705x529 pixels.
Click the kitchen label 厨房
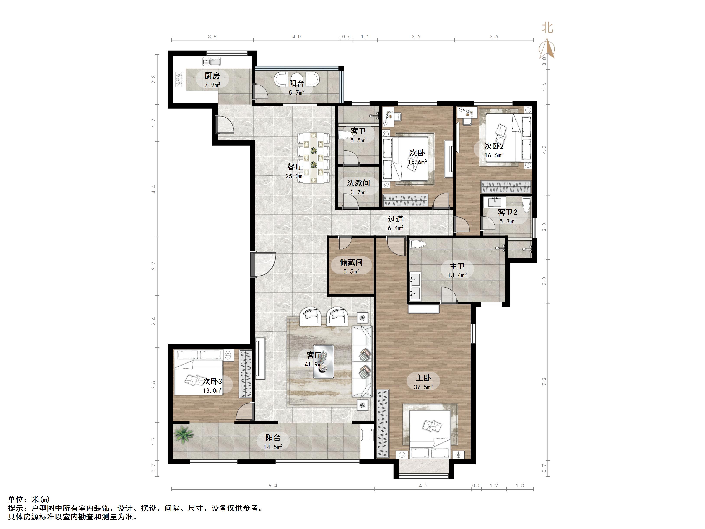pos(212,76)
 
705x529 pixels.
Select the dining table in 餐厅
pos(313,158)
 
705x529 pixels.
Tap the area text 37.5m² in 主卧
pos(423,387)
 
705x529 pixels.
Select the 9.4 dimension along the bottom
pos(273,486)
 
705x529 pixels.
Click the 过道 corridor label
pos(396,219)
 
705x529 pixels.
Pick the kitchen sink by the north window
pos(211,61)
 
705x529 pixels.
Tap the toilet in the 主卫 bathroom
pos(418,245)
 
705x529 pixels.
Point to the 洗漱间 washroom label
pos(358,183)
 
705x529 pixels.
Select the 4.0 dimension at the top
pos(296,37)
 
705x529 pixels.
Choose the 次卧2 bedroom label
pos(494,146)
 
